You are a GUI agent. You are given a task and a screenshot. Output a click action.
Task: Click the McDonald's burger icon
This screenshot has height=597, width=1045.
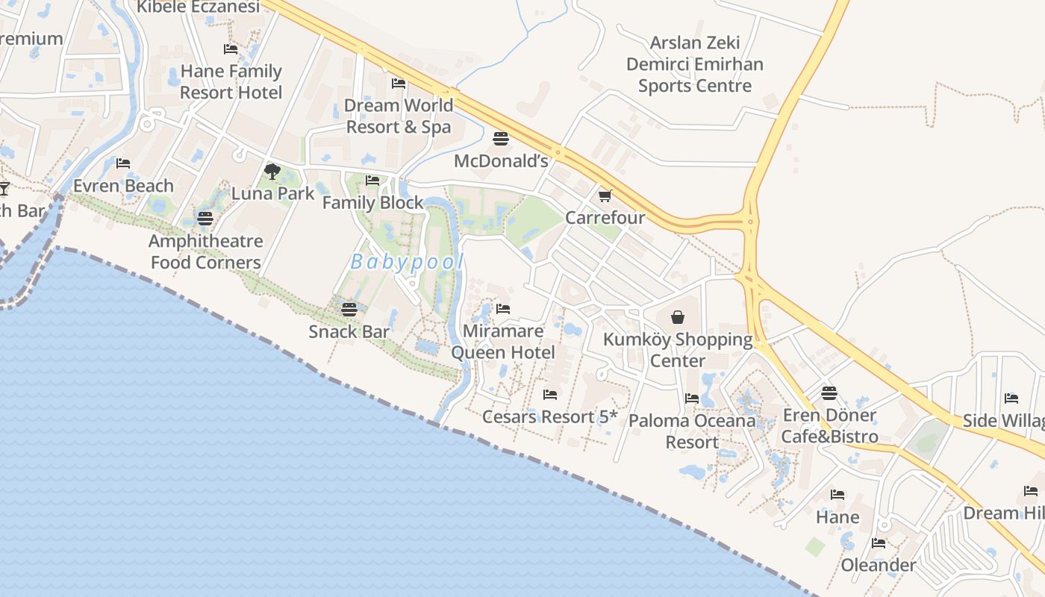[501, 138]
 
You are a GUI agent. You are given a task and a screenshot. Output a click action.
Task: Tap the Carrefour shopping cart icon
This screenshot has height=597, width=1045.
[605, 196]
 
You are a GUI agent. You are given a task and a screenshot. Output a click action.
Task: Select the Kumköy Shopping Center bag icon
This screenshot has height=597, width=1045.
[678, 317]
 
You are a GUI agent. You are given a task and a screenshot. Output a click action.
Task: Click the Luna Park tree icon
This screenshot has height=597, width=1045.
[272, 172]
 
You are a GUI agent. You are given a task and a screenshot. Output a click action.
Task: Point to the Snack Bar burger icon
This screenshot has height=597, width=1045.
[349, 309]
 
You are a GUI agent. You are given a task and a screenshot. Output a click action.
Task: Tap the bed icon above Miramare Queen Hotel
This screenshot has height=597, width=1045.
[503, 308]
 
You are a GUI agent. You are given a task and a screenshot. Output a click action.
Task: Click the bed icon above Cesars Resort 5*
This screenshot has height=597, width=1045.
[550, 394]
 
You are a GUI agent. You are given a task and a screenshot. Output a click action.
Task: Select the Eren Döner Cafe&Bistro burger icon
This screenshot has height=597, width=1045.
[829, 393]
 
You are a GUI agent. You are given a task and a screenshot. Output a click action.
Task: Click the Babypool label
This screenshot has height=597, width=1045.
[407, 262]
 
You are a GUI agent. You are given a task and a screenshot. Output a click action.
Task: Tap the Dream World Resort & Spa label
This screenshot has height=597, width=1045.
[399, 116]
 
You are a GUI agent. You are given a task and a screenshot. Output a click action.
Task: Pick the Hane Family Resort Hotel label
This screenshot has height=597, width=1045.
[231, 82]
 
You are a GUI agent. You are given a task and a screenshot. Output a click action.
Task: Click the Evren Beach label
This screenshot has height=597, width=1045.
[123, 186]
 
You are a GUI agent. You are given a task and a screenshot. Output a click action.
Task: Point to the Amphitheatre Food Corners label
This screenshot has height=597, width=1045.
[206, 251]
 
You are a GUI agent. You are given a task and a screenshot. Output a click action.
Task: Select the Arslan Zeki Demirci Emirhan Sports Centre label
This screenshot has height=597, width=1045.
[695, 64]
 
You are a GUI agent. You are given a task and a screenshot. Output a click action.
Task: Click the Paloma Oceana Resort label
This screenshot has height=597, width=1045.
[692, 431]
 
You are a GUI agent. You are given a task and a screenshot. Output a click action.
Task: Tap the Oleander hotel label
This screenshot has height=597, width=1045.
[879, 565]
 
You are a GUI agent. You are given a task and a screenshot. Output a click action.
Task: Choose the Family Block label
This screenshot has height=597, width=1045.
[372, 202]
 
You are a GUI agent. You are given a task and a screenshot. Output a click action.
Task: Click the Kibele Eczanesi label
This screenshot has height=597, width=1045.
[199, 7]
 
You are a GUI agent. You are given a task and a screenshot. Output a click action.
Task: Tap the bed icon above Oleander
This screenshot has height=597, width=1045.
[879, 543]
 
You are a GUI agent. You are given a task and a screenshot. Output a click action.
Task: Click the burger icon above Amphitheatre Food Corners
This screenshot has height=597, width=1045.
[205, 218]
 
